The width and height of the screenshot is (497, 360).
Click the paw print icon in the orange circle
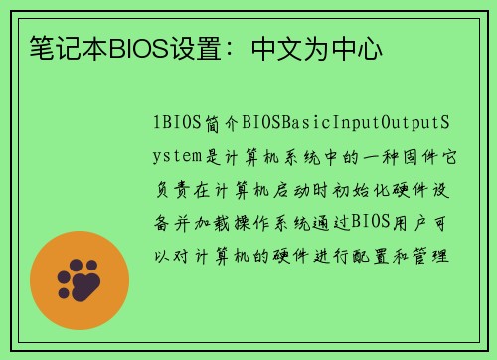[80, 280]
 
